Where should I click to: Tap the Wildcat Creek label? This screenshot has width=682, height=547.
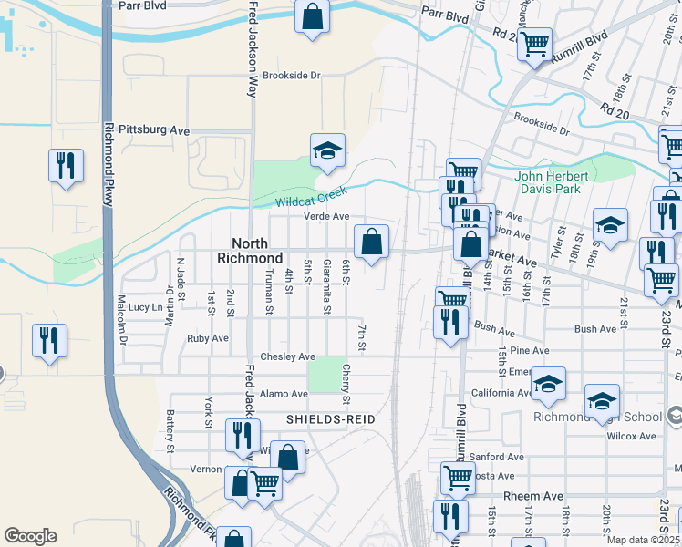(314, 199)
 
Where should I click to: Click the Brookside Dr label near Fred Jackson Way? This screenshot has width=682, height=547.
(292, 76)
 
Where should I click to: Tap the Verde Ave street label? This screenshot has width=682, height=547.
(326, 216)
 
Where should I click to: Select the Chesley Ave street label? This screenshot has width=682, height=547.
(287, 356)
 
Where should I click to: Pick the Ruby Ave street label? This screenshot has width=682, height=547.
(208, 337)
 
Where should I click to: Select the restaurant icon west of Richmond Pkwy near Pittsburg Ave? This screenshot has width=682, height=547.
(65, 165)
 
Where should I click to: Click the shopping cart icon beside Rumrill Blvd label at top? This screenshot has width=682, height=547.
(534, 42)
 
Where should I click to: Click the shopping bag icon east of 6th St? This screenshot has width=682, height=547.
(371, 242)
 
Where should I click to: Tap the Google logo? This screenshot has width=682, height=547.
(30, 536)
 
